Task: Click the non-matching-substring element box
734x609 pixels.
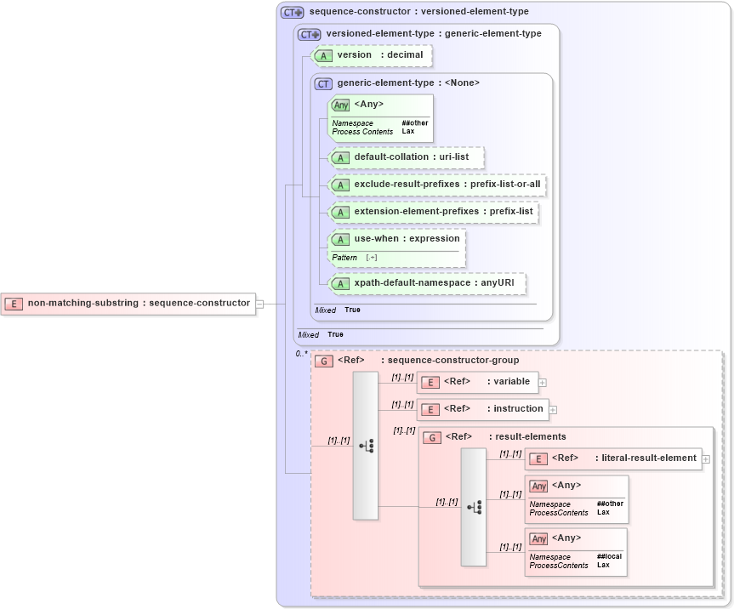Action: (128, 303)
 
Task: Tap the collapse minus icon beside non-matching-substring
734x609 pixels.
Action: (260, 304)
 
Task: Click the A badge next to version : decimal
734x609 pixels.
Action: (323, 55)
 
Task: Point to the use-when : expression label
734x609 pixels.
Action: (407, 239)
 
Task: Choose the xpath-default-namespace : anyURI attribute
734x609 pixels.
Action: (427, 283)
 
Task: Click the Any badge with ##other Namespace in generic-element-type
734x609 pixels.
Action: (341, 105)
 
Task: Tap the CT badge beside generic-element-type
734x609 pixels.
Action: (323, 83)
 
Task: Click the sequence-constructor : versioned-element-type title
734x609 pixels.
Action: (418, 12)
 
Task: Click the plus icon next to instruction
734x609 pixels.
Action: (553, 410)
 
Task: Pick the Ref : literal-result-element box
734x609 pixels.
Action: (613, 458)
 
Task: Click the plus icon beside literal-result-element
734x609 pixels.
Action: (706, 459)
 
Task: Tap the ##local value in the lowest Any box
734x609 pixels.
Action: (609, 556)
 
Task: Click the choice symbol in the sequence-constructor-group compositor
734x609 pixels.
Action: (366, 445)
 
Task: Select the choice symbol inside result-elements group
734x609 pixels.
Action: (474, 507)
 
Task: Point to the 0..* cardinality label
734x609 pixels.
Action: (301, 353)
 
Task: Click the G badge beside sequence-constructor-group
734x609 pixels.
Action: (324, 361)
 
